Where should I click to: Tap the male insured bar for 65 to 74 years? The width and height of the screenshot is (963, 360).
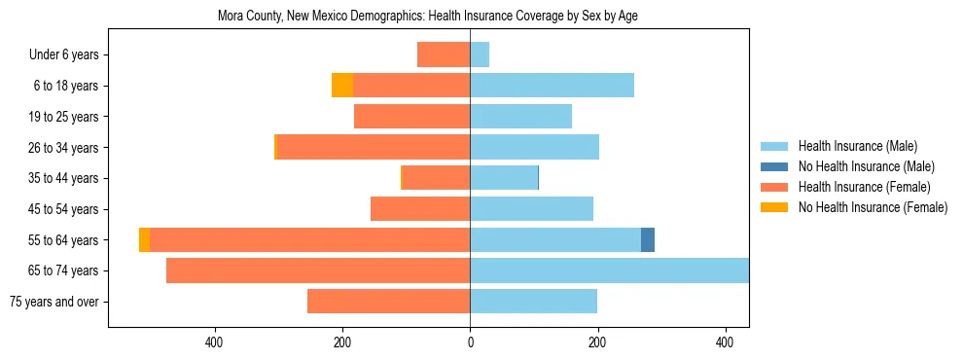(609, 270)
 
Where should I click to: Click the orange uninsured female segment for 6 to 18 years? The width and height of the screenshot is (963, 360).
(342, 86)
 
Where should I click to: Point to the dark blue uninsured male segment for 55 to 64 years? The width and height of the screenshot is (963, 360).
(648, 240)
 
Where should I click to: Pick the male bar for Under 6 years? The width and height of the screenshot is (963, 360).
(480, 54)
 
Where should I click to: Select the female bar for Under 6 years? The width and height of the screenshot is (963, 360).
(444, 54)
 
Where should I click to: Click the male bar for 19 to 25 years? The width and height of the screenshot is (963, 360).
(520, 117)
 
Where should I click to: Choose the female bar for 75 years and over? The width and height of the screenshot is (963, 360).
(388, 302)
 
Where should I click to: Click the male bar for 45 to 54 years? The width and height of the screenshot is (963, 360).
(531, 209)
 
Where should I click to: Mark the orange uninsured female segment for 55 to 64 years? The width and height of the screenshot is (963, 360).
(144, 240)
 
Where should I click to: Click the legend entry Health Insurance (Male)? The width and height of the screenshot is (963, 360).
(857, 147)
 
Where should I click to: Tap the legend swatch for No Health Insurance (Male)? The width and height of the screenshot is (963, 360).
(774, 166)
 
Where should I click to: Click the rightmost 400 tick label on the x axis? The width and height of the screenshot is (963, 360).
(725, 342)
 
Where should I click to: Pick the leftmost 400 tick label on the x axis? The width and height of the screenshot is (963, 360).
(215, 342)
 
